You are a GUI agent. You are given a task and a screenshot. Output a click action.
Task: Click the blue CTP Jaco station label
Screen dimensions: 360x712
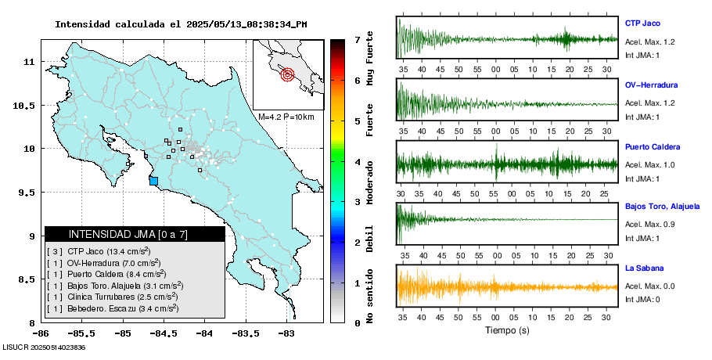click(x=643, y=23)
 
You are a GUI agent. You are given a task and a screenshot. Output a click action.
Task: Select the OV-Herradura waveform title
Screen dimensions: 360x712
click(x=651, y=85)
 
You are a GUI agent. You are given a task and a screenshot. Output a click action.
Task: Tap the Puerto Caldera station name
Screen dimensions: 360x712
click(x=653, y=146)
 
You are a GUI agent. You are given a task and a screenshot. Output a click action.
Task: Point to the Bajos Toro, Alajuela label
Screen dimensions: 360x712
click(x=662, y=207)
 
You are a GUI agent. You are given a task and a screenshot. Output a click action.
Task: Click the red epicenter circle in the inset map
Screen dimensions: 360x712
click(x=287, y=75)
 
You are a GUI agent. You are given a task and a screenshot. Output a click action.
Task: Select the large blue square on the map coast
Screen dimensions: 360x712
click(x=153, y=181)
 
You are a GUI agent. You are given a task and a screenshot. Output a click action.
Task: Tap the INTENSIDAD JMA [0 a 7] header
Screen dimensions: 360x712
click(x=135, y=234)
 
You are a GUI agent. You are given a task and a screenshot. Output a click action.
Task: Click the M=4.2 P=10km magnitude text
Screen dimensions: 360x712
click(x=286, y=117)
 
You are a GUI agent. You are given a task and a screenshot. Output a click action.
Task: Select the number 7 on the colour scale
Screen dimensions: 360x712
click(x=358, y=39)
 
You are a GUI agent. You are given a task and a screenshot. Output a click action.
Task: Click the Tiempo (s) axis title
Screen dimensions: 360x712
click(x=508, y=331)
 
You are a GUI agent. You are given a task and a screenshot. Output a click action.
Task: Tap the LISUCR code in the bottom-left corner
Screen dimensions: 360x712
click(x=43, y=347)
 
